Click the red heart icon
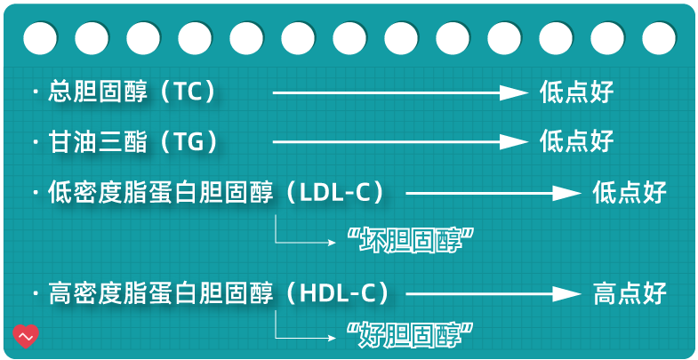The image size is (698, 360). tap(26, 336)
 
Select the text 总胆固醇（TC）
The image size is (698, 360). tap(133, 92)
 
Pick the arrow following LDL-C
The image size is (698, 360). tap(493, 192)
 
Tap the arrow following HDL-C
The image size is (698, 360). tap(493, 292)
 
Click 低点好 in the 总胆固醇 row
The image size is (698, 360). tap(576, 92)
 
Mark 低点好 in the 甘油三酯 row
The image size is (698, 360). tap(576, 141)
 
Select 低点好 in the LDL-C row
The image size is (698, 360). tap(629, 192)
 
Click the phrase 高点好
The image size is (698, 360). tap(629, 292)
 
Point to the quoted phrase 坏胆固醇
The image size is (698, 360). tap(409, 239)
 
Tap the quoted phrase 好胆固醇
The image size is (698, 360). tap(409, 336)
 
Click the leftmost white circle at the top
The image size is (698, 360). tap(40, 38)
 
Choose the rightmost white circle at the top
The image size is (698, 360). tap(659, 38)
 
